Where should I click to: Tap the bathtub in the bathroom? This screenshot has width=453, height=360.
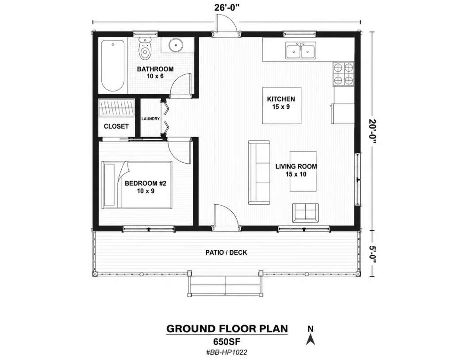click(x=113, y=66)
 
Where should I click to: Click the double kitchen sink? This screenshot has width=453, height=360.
click(x=301, y=50)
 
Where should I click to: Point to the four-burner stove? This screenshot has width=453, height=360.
click(x=343, y=74)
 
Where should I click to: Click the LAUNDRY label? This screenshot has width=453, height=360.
click(x=150, y=119)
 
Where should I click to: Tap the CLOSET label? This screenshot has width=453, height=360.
click(x=116, y=126)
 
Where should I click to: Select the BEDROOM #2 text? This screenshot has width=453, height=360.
click(x=146, y=183)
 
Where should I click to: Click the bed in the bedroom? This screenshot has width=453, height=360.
click(x=137, y=184)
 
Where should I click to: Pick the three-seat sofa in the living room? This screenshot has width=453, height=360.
click(x=259, y=172)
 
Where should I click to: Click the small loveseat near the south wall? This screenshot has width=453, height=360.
click(x=305, y=213)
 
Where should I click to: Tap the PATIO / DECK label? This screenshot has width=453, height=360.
click(x=226, y=253)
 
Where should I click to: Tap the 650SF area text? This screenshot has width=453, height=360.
click(x=227, y=342)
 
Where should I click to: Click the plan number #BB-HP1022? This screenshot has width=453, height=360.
click(x=226, y=352)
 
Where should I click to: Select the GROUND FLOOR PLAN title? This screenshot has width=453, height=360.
click(x=227, y=329)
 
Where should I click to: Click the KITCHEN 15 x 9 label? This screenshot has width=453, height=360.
click(x=281, y=103)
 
